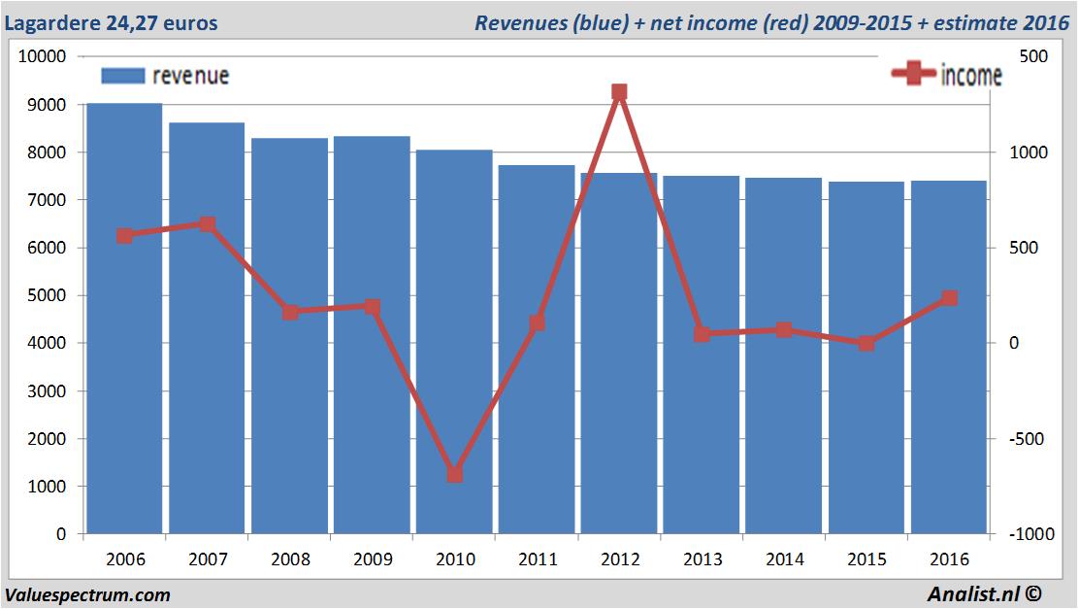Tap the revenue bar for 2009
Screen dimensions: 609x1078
(x=372, y=335)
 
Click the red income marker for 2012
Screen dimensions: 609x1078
(x=619, y=93)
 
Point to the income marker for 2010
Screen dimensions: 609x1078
(x=454, y=475)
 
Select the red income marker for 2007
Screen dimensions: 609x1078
(x=207, y=224)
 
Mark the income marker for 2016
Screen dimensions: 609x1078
(x=949, y=298)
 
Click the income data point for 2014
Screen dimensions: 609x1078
(x=784, y=330)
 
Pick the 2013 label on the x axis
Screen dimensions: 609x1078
(x=702, y=559)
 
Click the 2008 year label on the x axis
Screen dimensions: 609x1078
(x=290, y=559)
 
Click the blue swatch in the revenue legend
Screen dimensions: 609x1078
(x=121, y=76)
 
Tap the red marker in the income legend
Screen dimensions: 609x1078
(x=913, y=74)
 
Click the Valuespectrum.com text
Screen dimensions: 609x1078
(x=87, y=594)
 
